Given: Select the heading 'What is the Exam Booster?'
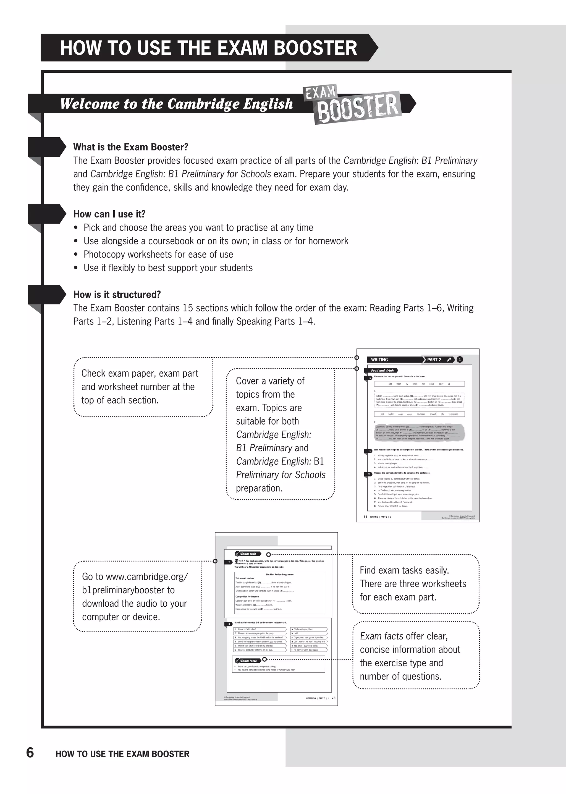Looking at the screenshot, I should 130,147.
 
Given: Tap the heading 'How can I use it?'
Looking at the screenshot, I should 109,214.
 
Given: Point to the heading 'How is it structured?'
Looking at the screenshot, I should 117,295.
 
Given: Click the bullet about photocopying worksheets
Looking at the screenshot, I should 158,255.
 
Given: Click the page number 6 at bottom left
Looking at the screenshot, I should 30,753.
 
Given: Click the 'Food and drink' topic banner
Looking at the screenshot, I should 382,371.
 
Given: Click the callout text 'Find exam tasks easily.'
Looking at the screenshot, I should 404,570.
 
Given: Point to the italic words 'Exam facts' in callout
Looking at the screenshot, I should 381,636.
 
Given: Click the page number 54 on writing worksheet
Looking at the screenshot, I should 365,517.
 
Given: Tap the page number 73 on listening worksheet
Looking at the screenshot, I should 334,698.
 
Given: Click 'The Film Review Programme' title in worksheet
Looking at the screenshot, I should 279,574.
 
